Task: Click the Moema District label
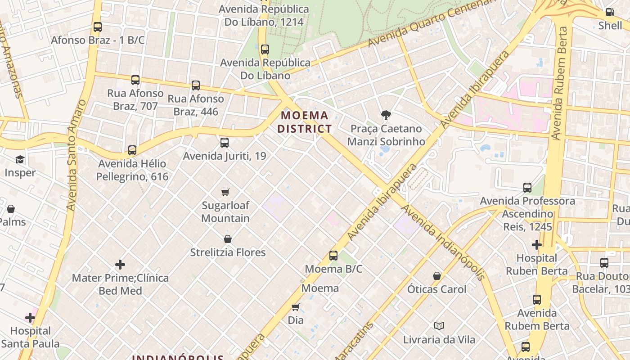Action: pyautogui.click(x=304, y=122)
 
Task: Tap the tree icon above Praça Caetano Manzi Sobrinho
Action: pyautogui.click(x=386, y=116)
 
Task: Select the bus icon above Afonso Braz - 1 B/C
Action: pyautogui.click(x=98, y=27)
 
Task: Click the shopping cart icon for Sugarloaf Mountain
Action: pyautogui.click(x=225, y=193)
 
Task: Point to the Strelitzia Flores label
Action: pyautogui.click(x=228, y=252)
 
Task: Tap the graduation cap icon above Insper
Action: pyautogui.click(x=20, y=160)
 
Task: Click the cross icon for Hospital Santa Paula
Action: pyautogui.click(x=30, y=318)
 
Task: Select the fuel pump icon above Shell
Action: pyautogui.click(x=610, y=13)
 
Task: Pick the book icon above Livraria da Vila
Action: pyautogui.click(x=439, y=326)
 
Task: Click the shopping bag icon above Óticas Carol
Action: pyautogui.click(x=436, y=276)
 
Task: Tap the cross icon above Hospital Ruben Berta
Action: pyautogui.click(x=536, y=245)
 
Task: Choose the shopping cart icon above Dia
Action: pyautogui.click(x=295, y=307)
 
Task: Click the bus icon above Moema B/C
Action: pyautogui.click(x=333, y=256)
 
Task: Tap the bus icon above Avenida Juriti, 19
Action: pyautogui.click(x=225, y=143)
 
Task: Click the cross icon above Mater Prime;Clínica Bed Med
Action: pyautogui.click(x=120, y=265)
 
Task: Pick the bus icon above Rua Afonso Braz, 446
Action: pyautogui.click(x=196, y=85)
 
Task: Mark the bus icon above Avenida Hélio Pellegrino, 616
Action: pyautogui.click(x=132, y=150)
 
